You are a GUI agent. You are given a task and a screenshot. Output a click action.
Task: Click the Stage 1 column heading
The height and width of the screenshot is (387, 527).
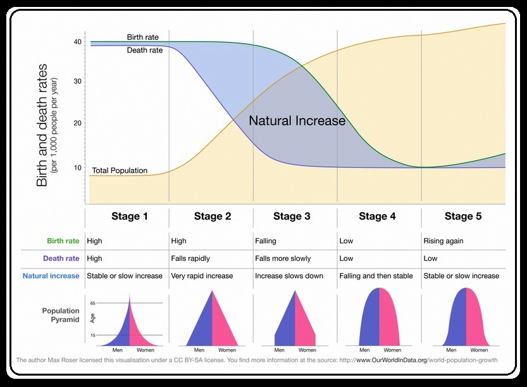[130, 217]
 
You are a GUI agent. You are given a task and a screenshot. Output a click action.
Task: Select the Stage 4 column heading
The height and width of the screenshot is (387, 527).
[377, 217]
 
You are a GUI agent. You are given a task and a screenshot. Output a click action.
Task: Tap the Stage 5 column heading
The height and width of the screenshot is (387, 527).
[462, 217]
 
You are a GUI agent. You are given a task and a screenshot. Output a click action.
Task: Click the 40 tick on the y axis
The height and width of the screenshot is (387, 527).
[78, 42]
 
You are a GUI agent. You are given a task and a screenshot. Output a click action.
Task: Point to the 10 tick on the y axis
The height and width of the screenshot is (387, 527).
[78, 168]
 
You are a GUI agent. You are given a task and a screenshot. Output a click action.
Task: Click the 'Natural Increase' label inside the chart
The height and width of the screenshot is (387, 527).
[297, 120]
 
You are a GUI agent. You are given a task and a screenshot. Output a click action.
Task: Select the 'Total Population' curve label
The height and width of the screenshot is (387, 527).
[120, 170]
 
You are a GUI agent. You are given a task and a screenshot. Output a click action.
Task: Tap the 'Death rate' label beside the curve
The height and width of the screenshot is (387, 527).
[144, 51]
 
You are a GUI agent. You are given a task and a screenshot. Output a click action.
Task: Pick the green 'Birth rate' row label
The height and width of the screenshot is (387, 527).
[63, 241]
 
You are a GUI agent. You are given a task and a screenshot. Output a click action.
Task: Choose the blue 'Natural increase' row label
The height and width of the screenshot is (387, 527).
[51, 276]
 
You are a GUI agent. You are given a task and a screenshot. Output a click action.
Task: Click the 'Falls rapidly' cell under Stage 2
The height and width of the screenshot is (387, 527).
[192, 258]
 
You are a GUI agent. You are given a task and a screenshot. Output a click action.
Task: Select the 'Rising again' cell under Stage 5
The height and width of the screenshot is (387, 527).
[443, 241]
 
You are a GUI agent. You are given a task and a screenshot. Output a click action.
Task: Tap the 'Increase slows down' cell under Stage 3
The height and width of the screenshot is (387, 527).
[289, 276]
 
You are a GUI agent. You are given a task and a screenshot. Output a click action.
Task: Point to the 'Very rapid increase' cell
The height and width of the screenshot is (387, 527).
[202, 276]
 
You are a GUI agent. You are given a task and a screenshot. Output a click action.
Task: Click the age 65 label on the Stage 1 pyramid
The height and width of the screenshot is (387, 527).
[92, 303]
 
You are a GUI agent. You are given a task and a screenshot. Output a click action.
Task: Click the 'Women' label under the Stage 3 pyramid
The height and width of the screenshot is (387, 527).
[307, 350]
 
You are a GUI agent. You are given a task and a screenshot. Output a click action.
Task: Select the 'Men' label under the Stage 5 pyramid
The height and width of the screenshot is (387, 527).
[449, 350]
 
